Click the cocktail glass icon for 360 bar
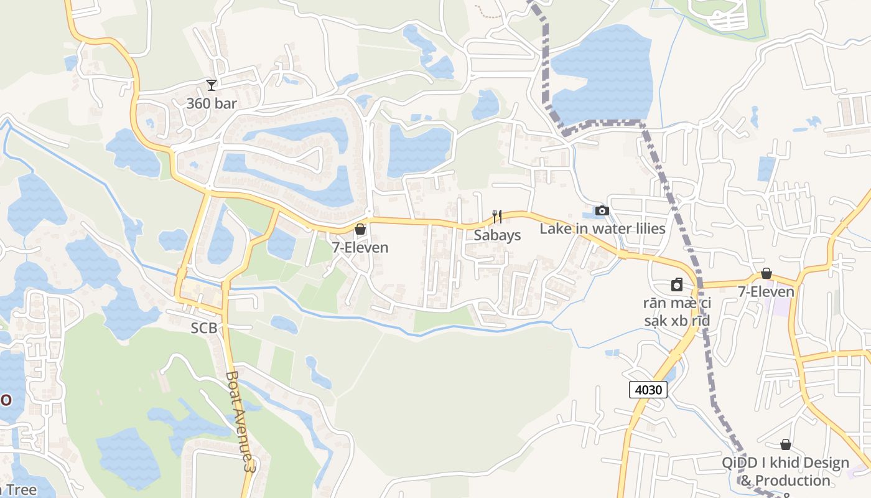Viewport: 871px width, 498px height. pyautogui.click(x=212, y=85)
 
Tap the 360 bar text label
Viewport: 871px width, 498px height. pyautogui.click(x=212, y=103)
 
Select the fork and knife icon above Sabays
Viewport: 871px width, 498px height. pyautogui.click(x=496, y=217)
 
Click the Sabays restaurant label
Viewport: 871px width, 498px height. pyautogui.click(x=497, y=235)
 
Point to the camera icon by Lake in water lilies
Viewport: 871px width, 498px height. pyautogui.click(x=602, y=211)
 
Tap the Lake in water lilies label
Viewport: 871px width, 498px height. pyautogui.click(x=602, y=228)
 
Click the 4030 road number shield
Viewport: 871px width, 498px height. pyautogui.click(x=648, y=390)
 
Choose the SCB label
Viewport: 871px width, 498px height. pyautogui.click(x=204, y=328)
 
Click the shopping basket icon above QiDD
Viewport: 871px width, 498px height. pyautogui.click(x=786, y=444)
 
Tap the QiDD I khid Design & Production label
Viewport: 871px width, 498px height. pyautogui.click(x=785, y=472)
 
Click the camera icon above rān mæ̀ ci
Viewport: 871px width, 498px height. pyautogui.click(x=677, y=285)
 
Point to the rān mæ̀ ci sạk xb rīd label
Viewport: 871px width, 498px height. pyautogui.click(x=677, y=312)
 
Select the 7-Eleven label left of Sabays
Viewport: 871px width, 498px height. pyautogui.click(x=360, y=247)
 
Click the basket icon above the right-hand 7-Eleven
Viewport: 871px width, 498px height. pyautogui.click(x=766, y=274)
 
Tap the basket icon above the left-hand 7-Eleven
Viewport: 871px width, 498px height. pyautogui.click(x=360, y=230)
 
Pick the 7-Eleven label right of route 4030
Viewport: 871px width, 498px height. pyautogui.click(x=766, y=291)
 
